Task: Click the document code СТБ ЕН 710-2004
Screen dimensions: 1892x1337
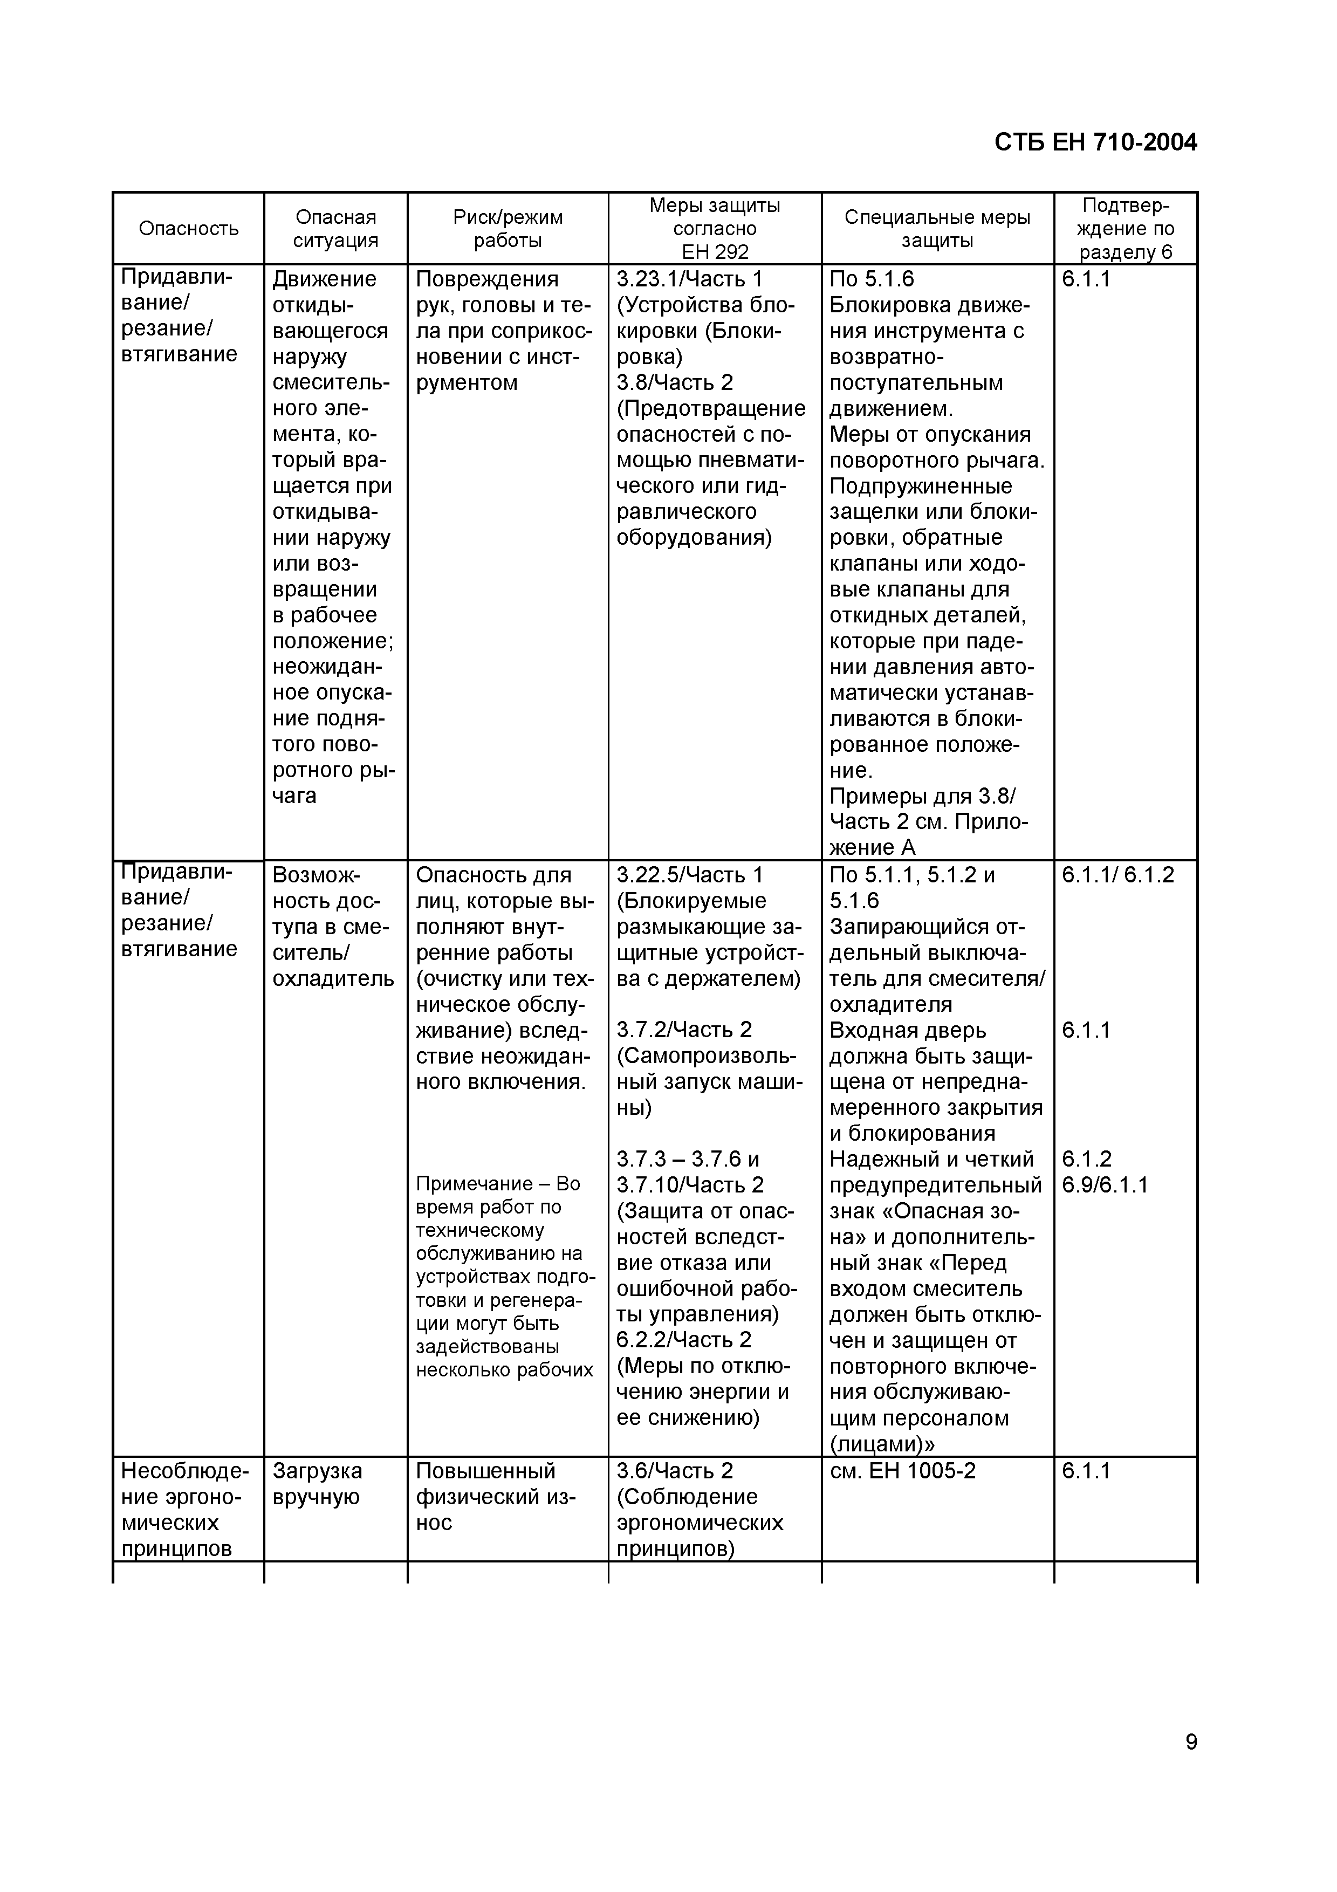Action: pos(1095,142)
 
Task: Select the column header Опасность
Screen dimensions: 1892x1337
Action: pos(189,228)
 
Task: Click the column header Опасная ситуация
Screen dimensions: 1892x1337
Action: pos(335,228)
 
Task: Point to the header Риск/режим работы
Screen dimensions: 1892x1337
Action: pos(508,228)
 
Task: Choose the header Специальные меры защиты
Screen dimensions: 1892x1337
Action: pos(937,228)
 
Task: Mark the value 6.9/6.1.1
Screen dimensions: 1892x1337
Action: pos(1104,1185)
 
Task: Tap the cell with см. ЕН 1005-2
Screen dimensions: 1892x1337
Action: pos(902,1471)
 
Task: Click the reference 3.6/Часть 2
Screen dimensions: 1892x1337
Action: pos(674,1471)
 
